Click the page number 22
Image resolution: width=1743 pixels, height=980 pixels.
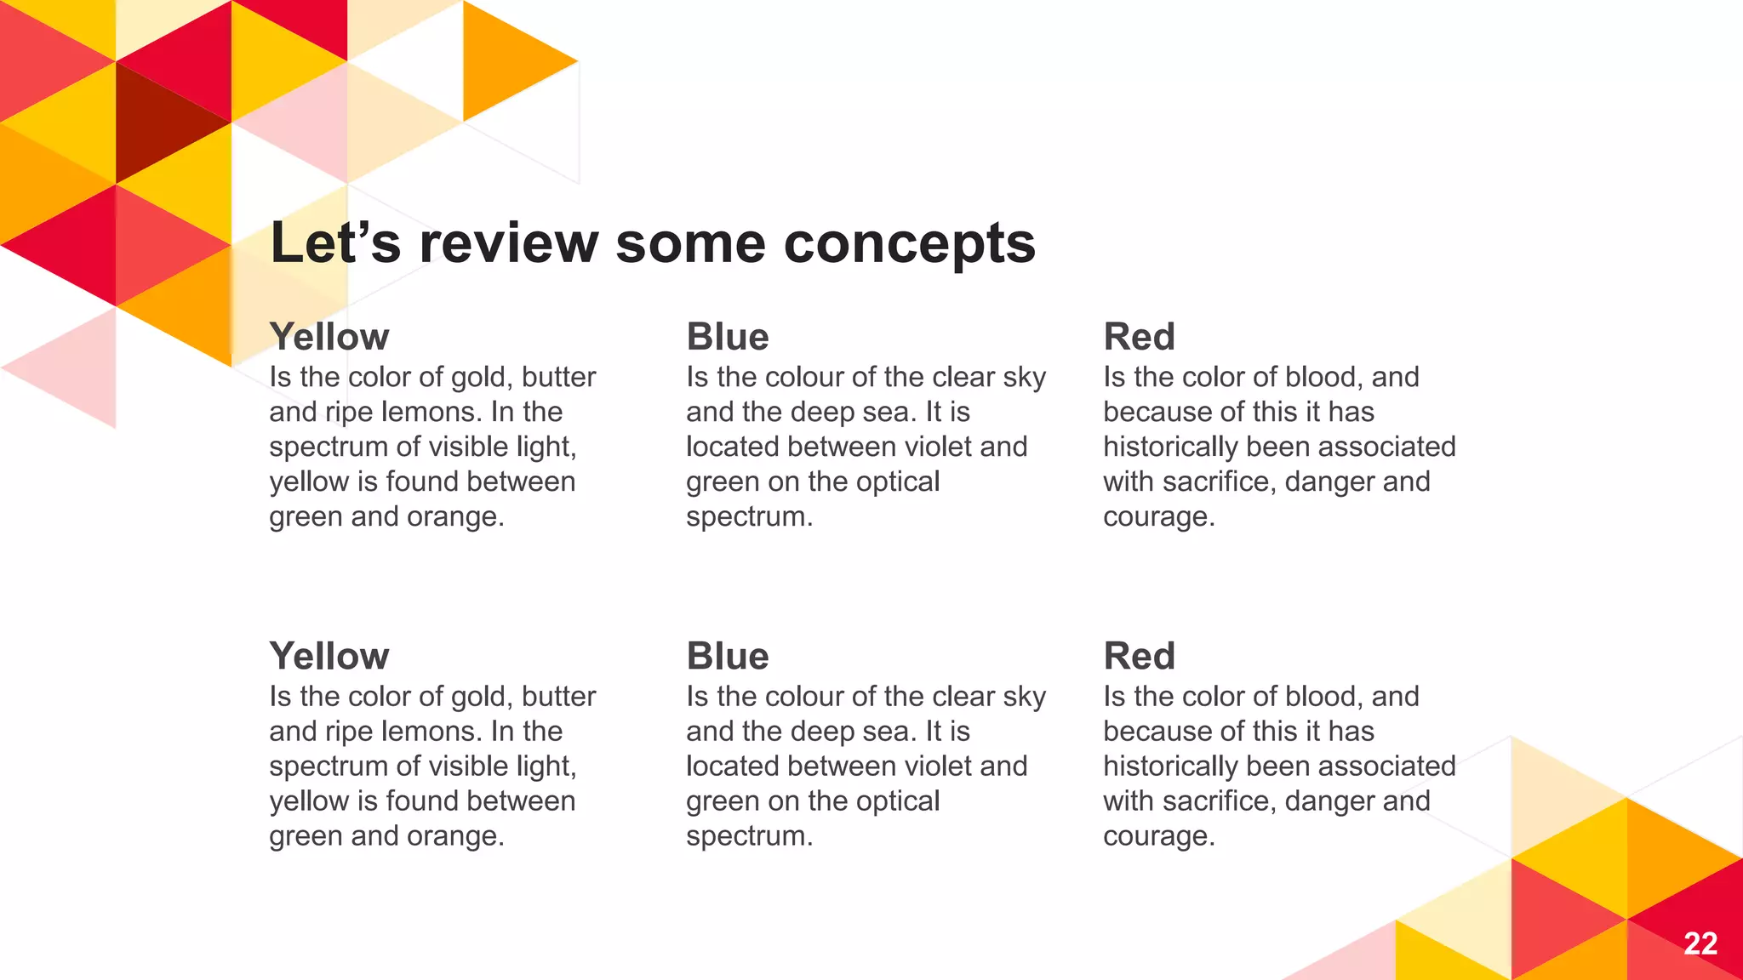coord(1700,943)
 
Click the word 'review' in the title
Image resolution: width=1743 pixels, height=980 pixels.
coord(509,243)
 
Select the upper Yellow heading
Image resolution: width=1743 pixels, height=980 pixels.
coord(329,337)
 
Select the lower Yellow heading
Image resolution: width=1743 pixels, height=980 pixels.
coord(329,656)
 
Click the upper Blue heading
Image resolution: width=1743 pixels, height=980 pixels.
coord(728,337)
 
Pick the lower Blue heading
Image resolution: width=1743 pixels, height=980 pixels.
coord(728,656)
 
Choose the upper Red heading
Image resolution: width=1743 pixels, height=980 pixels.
coord(1139,337)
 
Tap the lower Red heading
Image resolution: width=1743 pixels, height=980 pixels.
coord(1139,656)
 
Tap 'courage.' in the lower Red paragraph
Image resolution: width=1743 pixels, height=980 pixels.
coord(1158,836)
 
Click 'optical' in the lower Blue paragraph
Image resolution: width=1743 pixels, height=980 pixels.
coord(898,801)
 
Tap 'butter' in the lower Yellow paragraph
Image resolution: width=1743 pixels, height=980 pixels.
coord(558,697)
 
